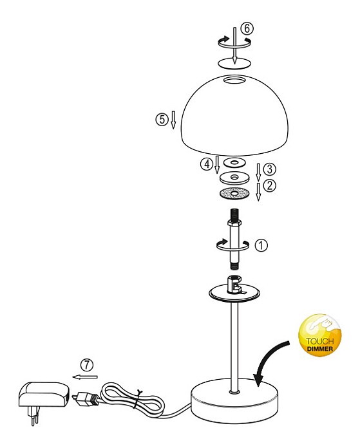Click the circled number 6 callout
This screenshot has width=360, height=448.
pos(247,28)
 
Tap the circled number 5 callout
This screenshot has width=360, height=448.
pos(162,119)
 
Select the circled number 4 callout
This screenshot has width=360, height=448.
pos(207,164)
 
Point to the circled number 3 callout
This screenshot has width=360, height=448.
pos(269,169)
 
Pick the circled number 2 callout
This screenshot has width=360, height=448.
pos(269,185)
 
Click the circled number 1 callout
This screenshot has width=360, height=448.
pos(261,245)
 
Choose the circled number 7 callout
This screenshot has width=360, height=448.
pos(87,365)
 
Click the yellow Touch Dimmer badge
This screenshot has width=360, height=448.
pos(320,335)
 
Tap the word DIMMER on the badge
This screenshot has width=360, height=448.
pos(320,349)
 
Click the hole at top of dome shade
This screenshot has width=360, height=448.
pos(234,80)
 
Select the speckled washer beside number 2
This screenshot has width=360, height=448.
pos(234,194)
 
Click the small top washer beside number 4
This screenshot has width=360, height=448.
pos(234,163)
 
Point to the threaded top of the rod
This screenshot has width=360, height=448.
pos(234,214)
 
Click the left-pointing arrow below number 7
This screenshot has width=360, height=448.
pos(85,377)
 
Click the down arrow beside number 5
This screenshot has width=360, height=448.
pos(173,120)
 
